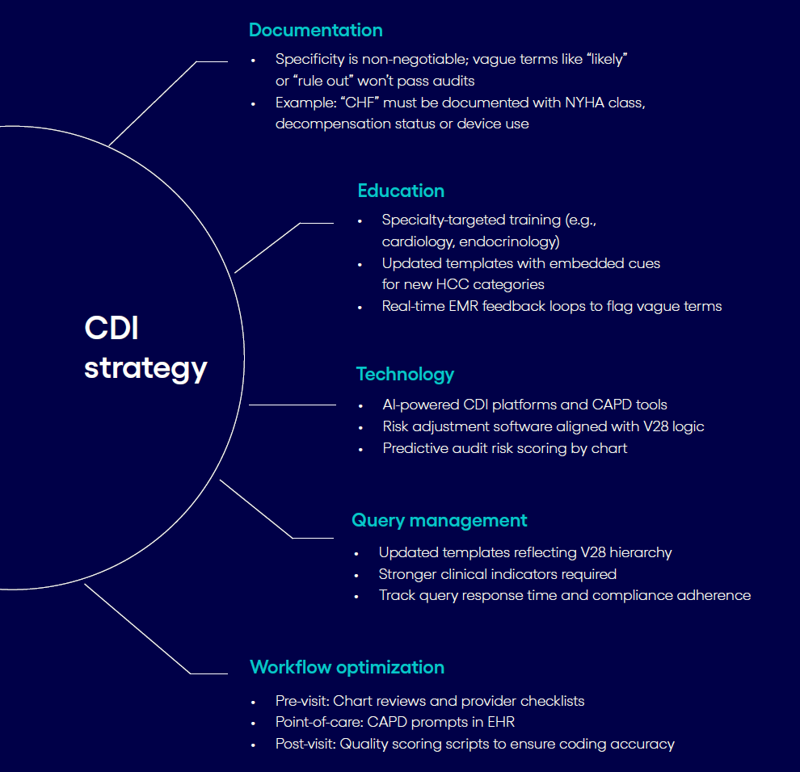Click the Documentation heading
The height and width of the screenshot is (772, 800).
pyautogui.click(x=315, y=31)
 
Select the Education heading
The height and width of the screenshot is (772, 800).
pyautogui.click(x=401, y=191)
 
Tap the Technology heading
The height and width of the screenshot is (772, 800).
pyautogui.click(x=405, y=375)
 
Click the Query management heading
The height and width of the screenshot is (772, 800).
pyautogui.click(x=439, y=521)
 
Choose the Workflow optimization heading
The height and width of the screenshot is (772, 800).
pyautogui.click(x=347, y=668)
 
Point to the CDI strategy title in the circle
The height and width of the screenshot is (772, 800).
pyautogui.click(x=145, y=348)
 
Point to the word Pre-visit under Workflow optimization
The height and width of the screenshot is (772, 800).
pyautogui.click(x=301, y=701)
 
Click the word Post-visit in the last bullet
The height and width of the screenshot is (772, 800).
pyautogui.click(x=305, y=745)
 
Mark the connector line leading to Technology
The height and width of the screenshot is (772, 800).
pyautogui.click(x=292, y=405)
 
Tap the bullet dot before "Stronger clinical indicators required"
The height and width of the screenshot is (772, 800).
pyautogui.click(x=357, y=575)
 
